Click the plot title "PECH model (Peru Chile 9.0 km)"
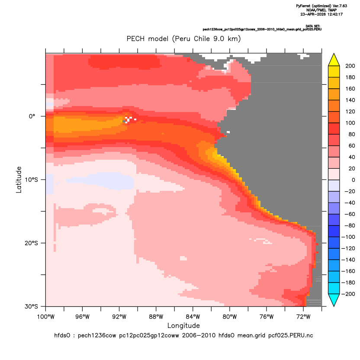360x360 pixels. point(183,39)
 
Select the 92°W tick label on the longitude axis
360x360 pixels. point(119,317)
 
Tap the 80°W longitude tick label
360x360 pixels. point(230,317)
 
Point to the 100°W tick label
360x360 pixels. point(46,317)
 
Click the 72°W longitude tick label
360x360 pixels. point(303,317)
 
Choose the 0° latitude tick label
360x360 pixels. point(32,116)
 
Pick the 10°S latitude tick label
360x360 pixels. point(31,180)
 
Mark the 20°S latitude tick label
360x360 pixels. point(31,243)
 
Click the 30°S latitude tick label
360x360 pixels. point(31,306)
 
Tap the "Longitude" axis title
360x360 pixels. point(183,326)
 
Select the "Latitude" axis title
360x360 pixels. point(19,180)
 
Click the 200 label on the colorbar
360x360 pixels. point(350,66)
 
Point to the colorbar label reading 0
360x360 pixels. point(354,180)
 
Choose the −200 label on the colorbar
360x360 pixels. point(348,294)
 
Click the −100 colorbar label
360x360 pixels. point(348,237)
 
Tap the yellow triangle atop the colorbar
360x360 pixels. point(334,60)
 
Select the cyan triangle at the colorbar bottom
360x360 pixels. point(334,300)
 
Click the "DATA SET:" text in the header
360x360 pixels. point(313,26)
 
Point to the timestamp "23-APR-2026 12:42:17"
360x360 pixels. point(321,14)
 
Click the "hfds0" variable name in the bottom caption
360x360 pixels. point(62,335)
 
